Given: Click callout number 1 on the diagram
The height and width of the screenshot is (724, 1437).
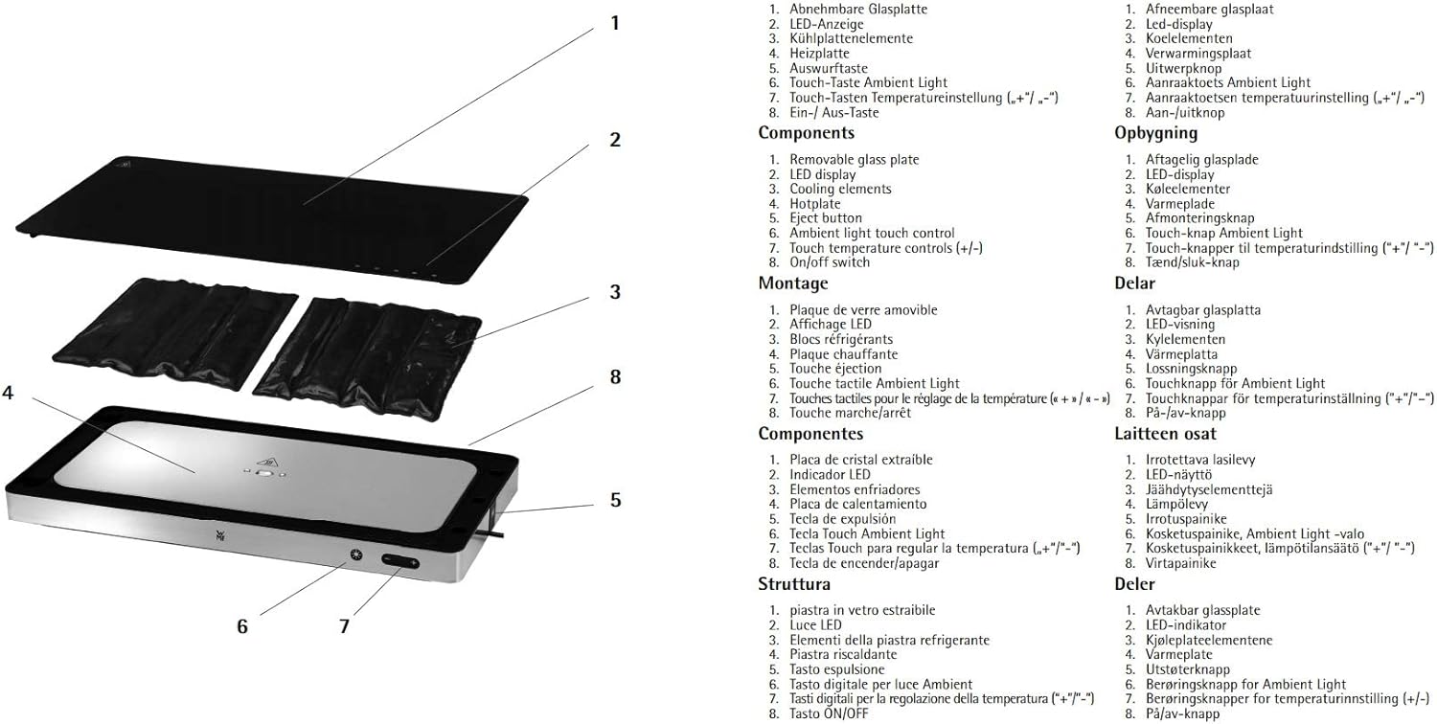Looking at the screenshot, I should (615, 23).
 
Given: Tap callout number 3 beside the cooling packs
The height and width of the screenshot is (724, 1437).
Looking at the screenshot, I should (615, 291).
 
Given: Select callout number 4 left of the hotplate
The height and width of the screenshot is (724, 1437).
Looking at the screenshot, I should (9, 394).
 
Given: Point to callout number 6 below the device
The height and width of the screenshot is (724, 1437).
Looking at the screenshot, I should (242, 626).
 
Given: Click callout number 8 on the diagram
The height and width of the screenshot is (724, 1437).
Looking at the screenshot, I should (615, 377).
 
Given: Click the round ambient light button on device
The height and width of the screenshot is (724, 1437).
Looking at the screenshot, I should (356, 555).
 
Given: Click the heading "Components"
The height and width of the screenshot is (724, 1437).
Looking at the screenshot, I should (806, 133).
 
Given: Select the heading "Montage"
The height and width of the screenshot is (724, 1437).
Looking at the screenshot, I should (793, 283).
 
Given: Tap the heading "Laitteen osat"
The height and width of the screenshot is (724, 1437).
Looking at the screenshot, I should (1165, 434).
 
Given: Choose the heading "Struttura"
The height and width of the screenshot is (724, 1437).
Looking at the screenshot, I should (794, 584).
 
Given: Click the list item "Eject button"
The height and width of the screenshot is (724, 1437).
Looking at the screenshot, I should (825, 218).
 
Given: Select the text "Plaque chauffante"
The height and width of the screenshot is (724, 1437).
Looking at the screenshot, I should (843, 354).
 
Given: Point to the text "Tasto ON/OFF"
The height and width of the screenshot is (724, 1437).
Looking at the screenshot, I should (829, 713).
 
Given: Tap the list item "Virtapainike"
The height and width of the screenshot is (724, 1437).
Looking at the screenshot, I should (1180, 564).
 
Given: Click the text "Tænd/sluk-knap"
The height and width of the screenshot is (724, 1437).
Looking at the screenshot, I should (1192, 262).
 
